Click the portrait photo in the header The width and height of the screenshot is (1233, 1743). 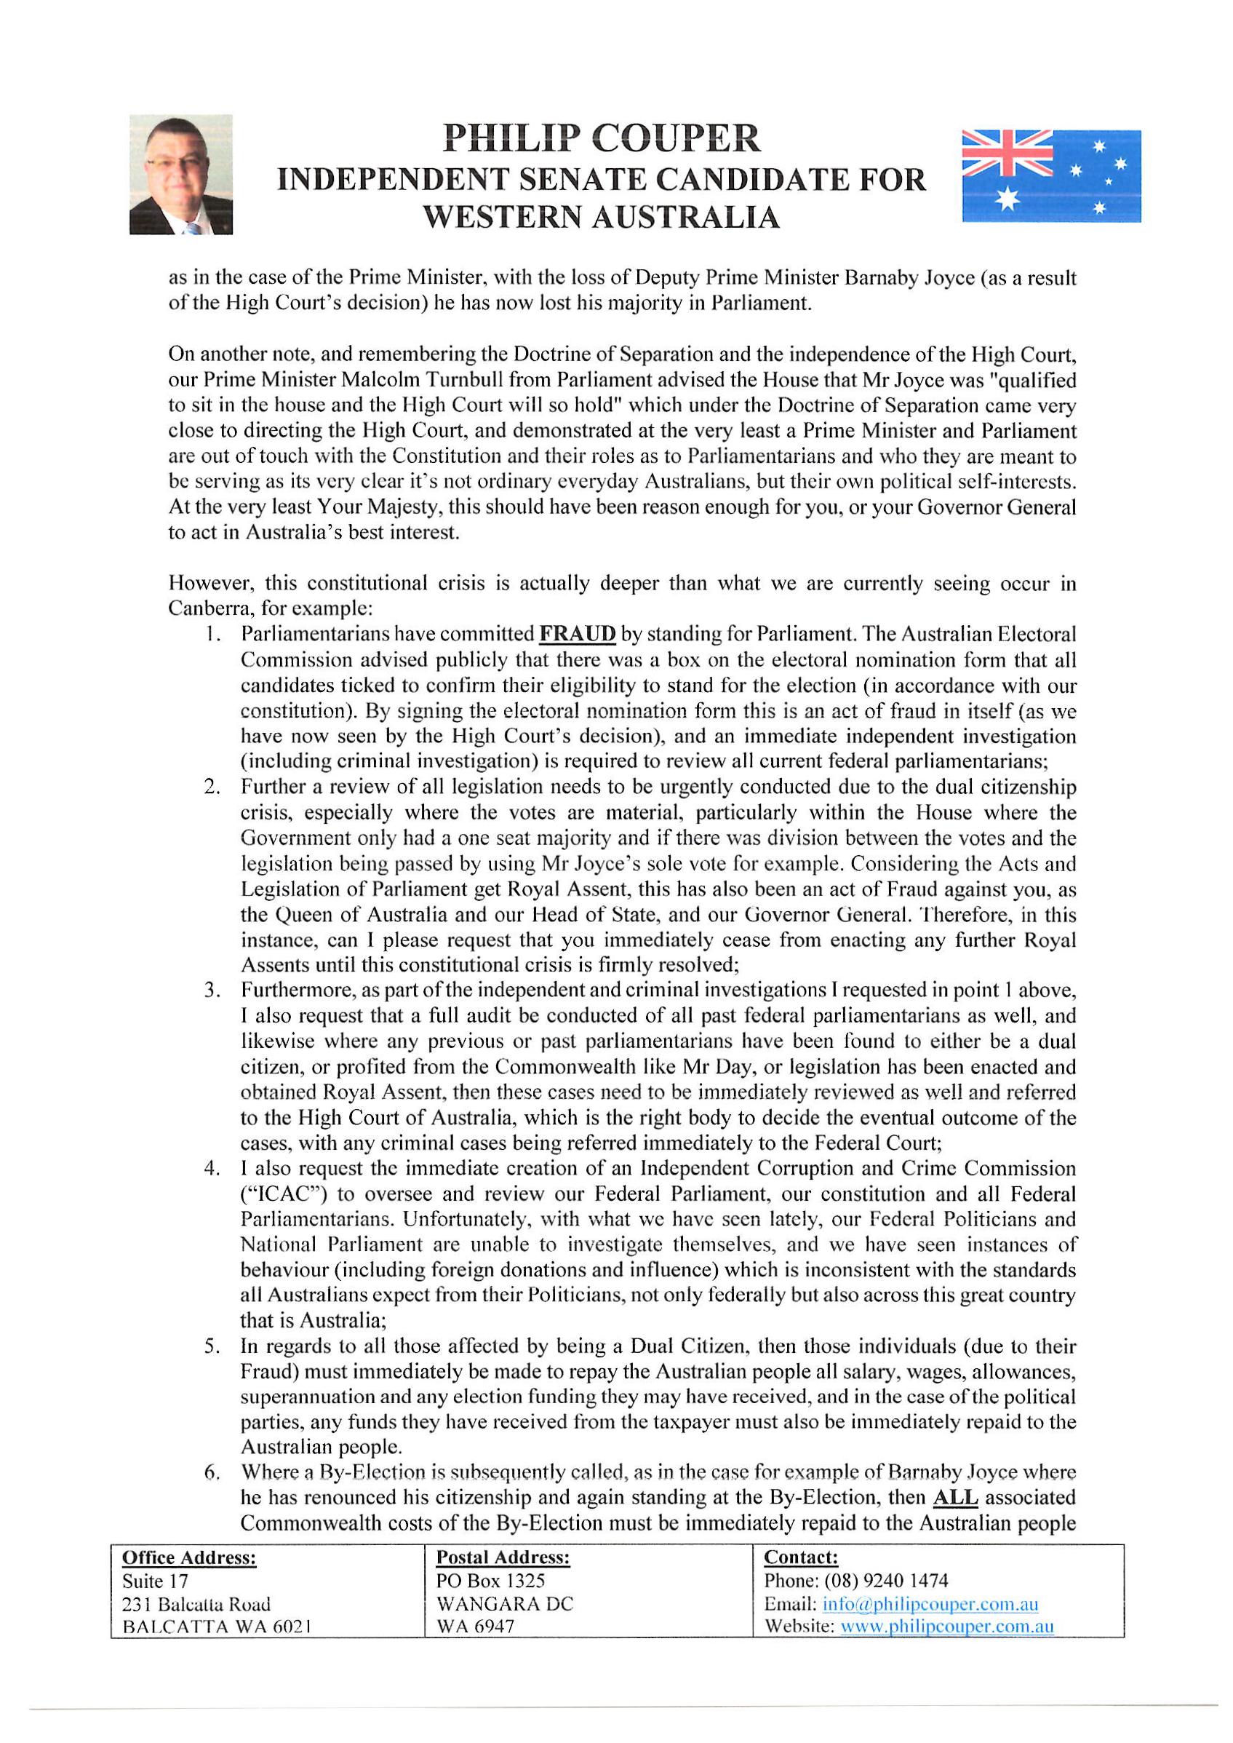coord(180,174)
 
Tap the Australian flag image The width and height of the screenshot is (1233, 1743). coord(1051,175)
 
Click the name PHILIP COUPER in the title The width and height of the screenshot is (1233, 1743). coord(602,138)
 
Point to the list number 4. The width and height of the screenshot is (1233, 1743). coord(212,1168)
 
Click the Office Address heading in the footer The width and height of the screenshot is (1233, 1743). coord(189,1557)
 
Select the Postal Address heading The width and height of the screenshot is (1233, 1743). coord(503,1557)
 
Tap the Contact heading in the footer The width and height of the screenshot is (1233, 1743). coord(800,1557)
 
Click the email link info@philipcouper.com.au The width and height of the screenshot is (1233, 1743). coord(930,1604)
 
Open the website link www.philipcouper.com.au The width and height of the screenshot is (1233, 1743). coord(947,1627)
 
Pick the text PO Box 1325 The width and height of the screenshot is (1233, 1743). coord(490,1581)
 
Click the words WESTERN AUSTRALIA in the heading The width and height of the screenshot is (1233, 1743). coord(602,217)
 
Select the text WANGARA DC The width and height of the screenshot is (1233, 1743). coord(505,1604)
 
